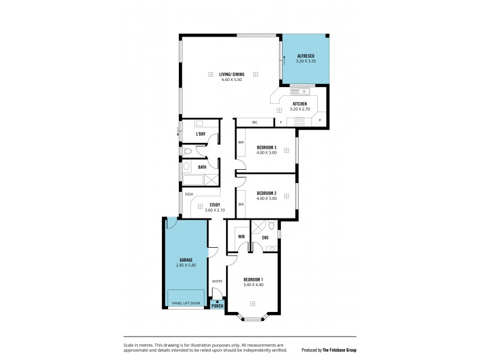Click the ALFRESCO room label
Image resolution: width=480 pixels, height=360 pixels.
305,56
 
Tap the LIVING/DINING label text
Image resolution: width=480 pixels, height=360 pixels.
232,74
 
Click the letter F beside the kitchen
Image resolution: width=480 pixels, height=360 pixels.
281,122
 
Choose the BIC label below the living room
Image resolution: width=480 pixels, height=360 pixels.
255,122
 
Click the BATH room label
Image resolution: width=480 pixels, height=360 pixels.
202,167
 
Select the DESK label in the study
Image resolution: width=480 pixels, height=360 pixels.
189,194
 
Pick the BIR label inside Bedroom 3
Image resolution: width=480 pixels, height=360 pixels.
241,143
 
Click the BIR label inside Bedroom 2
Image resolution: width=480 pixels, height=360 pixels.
241,205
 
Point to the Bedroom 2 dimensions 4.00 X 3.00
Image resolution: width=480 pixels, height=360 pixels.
266,199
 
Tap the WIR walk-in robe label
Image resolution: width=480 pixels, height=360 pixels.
241,237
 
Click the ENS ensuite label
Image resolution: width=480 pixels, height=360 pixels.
265,237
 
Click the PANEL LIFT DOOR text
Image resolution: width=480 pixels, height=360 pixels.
186,304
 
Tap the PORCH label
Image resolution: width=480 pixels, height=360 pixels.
217,306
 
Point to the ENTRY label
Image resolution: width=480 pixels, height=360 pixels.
217,281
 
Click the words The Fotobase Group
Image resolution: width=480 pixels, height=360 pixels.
340,349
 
